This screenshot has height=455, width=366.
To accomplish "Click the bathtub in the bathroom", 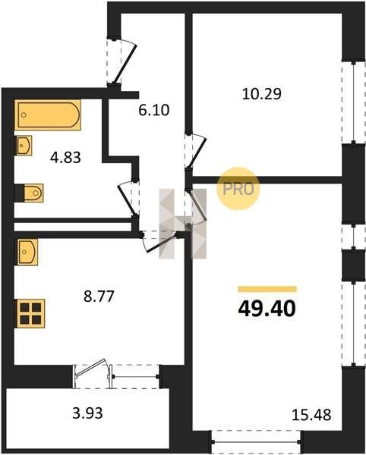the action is pos(48,115).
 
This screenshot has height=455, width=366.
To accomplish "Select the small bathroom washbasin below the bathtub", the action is pos(24,146).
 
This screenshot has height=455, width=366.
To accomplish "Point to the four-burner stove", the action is pos(30,313).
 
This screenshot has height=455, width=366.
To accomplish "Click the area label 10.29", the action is pos(262,94).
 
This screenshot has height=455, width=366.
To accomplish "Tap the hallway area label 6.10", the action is pos(153,110).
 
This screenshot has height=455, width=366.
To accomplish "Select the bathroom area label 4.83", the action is pos(65,158).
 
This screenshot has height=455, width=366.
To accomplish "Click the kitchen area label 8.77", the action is pos(99,297).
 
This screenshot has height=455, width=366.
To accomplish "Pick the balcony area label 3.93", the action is pos(87,413).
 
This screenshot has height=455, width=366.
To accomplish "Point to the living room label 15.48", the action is pos(311,415).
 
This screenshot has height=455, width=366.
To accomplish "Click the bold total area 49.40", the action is pos(267,308).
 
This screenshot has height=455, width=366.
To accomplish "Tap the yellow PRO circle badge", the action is pos(238,189).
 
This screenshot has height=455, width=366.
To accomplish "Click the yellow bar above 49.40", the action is pos(267,289).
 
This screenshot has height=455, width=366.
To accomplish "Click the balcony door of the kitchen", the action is pos(93,373).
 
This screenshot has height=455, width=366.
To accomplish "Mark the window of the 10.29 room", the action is pos(354,102).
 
